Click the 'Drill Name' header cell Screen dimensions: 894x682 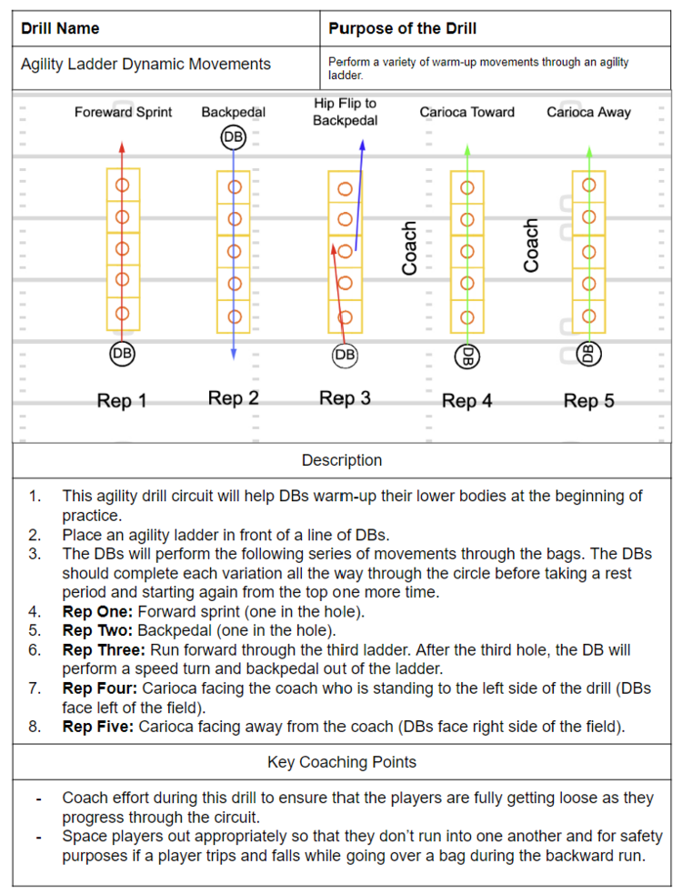(60, 28)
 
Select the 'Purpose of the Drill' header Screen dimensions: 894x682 (402, 28)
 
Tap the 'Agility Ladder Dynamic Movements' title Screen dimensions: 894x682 (145, 64)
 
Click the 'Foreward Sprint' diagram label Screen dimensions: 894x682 (123, 113)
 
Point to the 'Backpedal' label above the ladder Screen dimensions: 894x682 (234, 113)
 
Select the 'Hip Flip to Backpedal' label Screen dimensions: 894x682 (345, 112)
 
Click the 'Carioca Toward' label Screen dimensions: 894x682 (466, 113)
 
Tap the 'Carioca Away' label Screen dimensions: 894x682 (588, 113)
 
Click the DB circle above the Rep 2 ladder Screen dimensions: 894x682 (234, 137)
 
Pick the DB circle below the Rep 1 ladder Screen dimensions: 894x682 (122, 353)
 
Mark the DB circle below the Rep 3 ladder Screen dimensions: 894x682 (345, 355)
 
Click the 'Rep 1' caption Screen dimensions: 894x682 (122, 400)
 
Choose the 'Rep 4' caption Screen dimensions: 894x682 (466, 400)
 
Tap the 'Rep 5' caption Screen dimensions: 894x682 (588, 400)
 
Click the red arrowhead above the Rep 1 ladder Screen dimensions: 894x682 (123, 146)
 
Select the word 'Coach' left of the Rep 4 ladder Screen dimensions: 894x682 (410, 248)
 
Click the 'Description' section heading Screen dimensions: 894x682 (342, 460)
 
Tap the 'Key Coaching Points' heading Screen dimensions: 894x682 (342, 762)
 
